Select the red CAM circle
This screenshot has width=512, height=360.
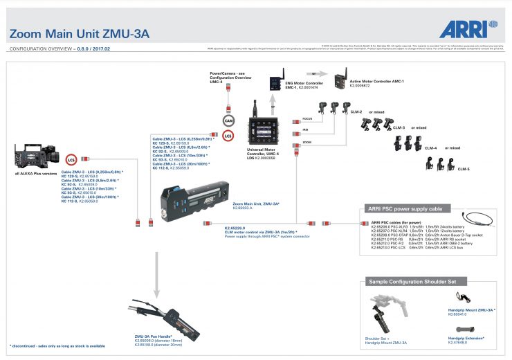coord(228,120)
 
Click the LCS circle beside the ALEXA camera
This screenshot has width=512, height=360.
coord(71,159)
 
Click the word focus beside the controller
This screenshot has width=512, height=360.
coord(308,119)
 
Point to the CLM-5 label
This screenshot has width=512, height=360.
coord(463,169)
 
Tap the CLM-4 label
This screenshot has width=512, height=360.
coord(430,147)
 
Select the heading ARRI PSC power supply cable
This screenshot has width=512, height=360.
coord(404,208)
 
